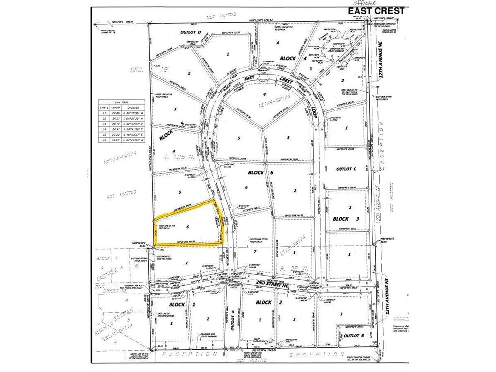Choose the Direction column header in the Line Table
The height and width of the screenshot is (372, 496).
coord(133,108)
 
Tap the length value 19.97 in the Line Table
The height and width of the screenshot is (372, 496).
coord(115,139)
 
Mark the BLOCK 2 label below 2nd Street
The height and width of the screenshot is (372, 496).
coord(264,302)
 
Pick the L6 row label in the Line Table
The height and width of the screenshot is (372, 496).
coord(102,139)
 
